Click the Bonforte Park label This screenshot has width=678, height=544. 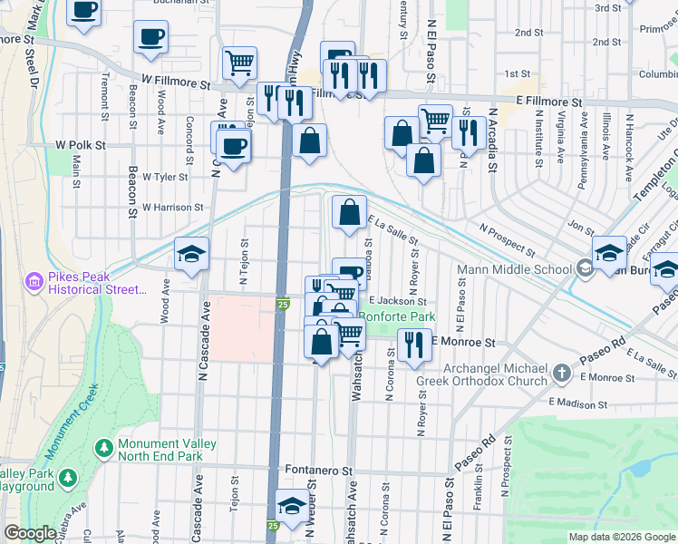(x=397, y=316)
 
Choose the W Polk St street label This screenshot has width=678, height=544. (x=81, y=145)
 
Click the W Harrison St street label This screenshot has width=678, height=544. (x=172, y=208)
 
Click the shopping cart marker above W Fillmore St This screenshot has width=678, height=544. (x=238, y=63)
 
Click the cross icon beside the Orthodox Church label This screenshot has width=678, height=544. (x=562, y=374)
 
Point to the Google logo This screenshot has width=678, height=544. (x=31, y=533)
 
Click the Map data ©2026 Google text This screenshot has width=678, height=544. (x=621, y=537)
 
